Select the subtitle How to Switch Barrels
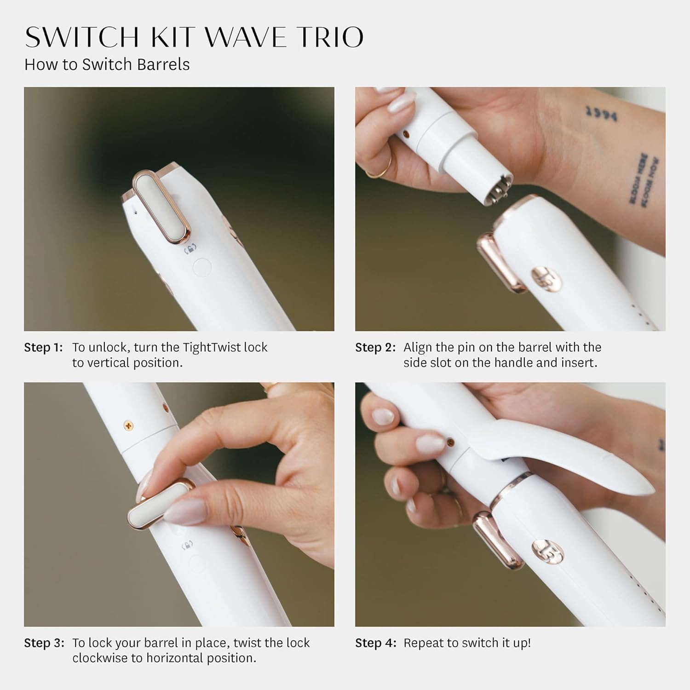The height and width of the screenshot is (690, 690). click(107, 64)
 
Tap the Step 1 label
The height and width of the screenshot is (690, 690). click(43, 347)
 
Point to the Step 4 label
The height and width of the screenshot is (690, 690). click(375, 643)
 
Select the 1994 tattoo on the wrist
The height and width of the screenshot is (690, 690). click(601, 113)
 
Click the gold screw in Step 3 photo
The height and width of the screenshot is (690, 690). click(128, 425)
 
